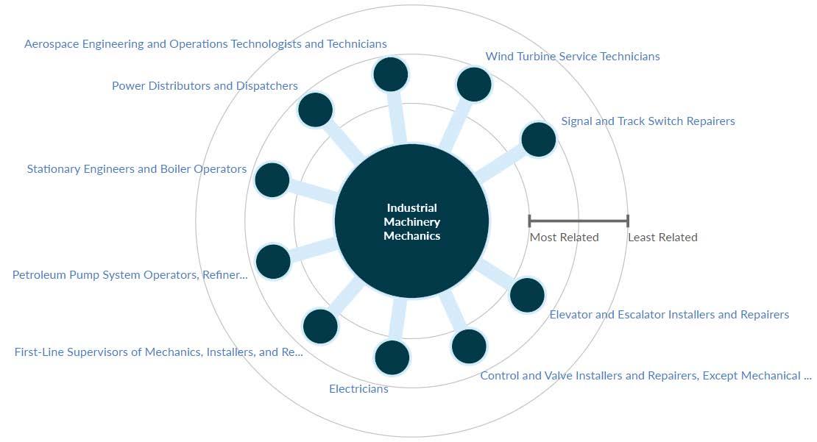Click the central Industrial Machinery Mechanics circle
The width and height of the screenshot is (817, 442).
[411, 221]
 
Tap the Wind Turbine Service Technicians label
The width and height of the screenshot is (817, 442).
[573, 57]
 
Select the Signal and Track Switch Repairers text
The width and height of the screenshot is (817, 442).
[648, 121]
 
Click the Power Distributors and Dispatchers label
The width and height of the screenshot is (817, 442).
[205, 86]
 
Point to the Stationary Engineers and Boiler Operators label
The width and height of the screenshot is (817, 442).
[137, 169]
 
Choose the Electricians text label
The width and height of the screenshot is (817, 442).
[358, 389]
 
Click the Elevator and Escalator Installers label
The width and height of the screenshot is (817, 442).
[669, 315]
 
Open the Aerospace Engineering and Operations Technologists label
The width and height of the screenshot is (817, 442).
[205, 44]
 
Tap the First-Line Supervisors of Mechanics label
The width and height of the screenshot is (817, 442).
[158, 352]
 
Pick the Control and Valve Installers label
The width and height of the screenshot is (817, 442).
[646, 376]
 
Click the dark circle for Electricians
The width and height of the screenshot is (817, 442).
[392, 358]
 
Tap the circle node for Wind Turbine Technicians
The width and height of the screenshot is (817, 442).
[474, 85]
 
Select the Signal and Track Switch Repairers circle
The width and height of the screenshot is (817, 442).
[538, 140]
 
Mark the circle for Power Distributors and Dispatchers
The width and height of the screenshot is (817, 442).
[316, 110]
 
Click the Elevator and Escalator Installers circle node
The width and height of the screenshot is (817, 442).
[527, 295]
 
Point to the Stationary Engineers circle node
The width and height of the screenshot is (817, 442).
[272, 180]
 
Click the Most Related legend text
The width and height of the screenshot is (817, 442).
[564, 238]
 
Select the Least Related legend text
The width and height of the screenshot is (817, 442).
[662, 238]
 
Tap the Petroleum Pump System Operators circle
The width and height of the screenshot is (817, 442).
[273, 262]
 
